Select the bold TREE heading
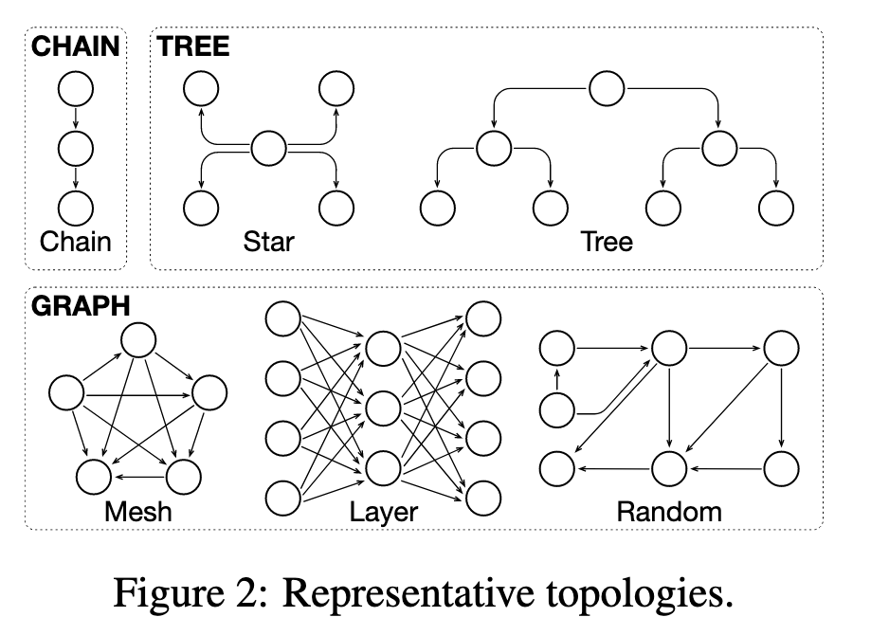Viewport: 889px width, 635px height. click(193, 45)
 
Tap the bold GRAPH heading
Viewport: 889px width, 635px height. click(81, 305)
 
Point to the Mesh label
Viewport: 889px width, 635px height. click(138, 512)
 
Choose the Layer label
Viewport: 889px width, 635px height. click(384, 512)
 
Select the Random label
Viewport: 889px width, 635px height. click(669, 512)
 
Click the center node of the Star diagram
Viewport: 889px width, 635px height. click(268, 148)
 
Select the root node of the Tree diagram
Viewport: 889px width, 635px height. click(607, 90)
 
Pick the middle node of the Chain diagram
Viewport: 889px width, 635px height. click(76, 148)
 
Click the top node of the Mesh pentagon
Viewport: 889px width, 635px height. click(138, 339)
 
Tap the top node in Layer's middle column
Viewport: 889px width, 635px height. click(384, 349)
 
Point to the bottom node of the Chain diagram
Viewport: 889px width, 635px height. click(76, 207)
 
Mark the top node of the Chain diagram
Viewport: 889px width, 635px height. click(76, 90)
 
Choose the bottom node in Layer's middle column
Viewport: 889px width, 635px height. click(384, 468)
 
